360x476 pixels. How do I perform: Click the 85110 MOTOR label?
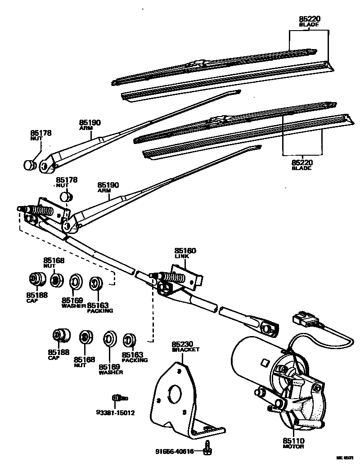(293, 443)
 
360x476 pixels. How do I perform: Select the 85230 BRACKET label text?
(185, 346)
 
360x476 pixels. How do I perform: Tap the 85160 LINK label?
(185, 253)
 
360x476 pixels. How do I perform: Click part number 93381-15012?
(115, 413)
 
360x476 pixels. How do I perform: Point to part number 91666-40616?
(175, 452)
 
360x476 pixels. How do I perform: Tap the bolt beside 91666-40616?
(208, 448)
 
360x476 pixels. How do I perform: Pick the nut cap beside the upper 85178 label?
(30, 165)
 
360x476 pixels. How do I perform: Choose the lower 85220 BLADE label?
(301, 165)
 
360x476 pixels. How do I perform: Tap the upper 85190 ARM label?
(90, 125)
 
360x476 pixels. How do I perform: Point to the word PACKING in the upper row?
(100, 311)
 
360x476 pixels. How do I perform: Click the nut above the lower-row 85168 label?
(85, 337)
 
